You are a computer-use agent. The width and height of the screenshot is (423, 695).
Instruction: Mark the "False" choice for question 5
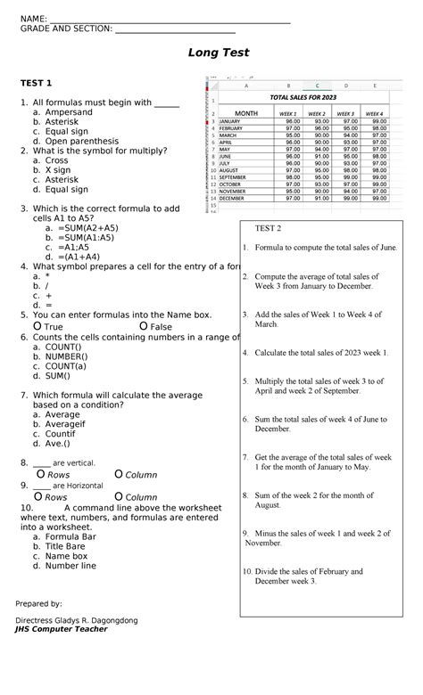161,327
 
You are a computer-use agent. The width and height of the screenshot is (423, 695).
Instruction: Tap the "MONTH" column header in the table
245,113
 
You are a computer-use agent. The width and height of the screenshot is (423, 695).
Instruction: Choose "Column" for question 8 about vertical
140,475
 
